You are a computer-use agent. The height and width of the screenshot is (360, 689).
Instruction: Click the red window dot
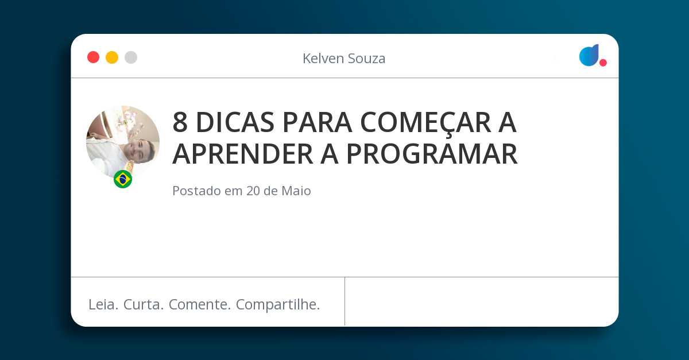click(93, 57)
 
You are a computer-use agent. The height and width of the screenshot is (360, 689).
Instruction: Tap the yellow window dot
click(112, 57)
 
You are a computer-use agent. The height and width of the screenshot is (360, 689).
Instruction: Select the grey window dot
click(131, 57)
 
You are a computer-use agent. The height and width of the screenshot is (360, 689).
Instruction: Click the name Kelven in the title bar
click(322, 58)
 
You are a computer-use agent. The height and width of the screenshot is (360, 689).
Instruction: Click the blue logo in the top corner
click(589, 55)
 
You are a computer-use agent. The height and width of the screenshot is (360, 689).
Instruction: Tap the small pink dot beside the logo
click(603, 63)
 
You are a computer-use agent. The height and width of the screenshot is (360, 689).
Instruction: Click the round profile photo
click(123, 142)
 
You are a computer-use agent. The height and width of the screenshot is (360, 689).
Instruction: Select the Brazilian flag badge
click(123, 179)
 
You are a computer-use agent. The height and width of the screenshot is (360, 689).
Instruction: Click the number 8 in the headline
click(180, 122)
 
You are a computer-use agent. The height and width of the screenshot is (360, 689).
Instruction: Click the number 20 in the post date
click(253, 191)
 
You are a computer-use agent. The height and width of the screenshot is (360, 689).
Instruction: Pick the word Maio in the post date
click(296, 191)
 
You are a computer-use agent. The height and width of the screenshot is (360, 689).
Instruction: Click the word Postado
click(196, 191)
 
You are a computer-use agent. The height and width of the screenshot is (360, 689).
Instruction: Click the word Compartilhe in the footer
click(278, 305)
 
